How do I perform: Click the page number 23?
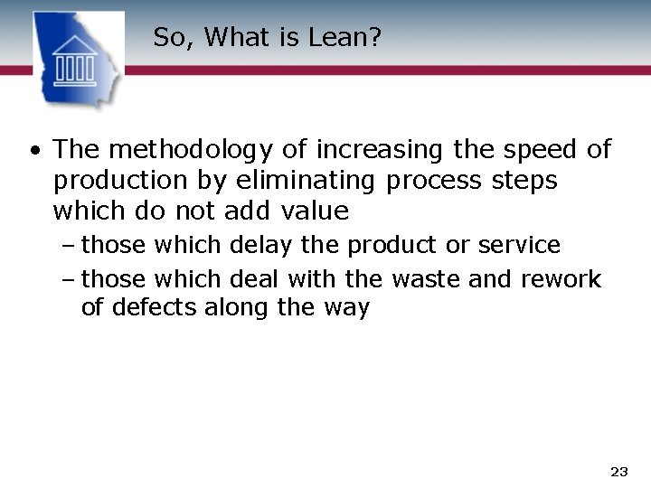[619, 471]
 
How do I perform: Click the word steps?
[524, 181]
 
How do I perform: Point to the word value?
[315, 211]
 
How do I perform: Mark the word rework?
[561, 279]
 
